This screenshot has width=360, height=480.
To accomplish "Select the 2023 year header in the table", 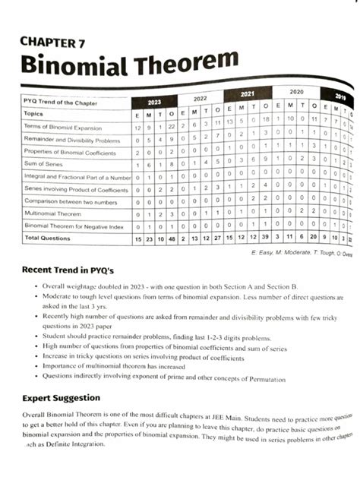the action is (154, 102).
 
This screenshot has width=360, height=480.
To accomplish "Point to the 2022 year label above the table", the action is (200, 99).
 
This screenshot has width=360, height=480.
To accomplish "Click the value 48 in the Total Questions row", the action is (172, 238).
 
